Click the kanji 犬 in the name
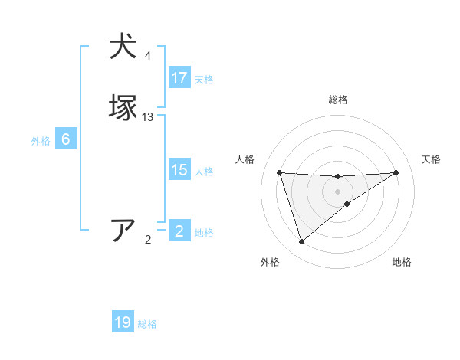pos(123,46)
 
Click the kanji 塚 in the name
pos(123,107)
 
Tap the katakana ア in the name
pos(123,230)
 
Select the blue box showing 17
pos(179,78)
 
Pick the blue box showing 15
pos(179,170)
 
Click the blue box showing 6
pos(66,139)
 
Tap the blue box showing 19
pos(123,322)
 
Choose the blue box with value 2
pos(179,231)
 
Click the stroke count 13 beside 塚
pos(148,117)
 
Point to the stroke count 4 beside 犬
pos(148,56)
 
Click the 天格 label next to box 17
pos(204,80)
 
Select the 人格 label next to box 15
pos(204,172)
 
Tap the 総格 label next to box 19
pos(147,324)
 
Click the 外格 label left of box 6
pos(41,141)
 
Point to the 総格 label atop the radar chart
pos(337,100)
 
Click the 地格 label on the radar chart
pos(402,262)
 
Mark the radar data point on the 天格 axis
pos(396,172)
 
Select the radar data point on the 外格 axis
pos(302,242)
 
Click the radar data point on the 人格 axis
pos(280,172)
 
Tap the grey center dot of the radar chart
pos(337,191)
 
